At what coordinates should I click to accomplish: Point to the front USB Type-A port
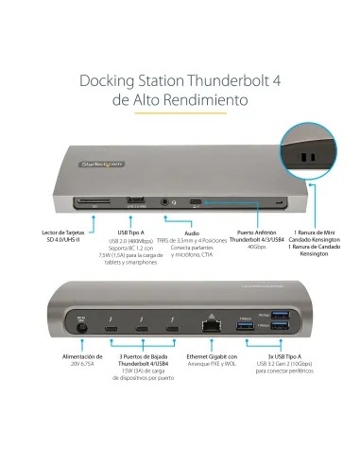(135, 199)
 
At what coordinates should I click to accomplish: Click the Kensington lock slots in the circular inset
(308, 158)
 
